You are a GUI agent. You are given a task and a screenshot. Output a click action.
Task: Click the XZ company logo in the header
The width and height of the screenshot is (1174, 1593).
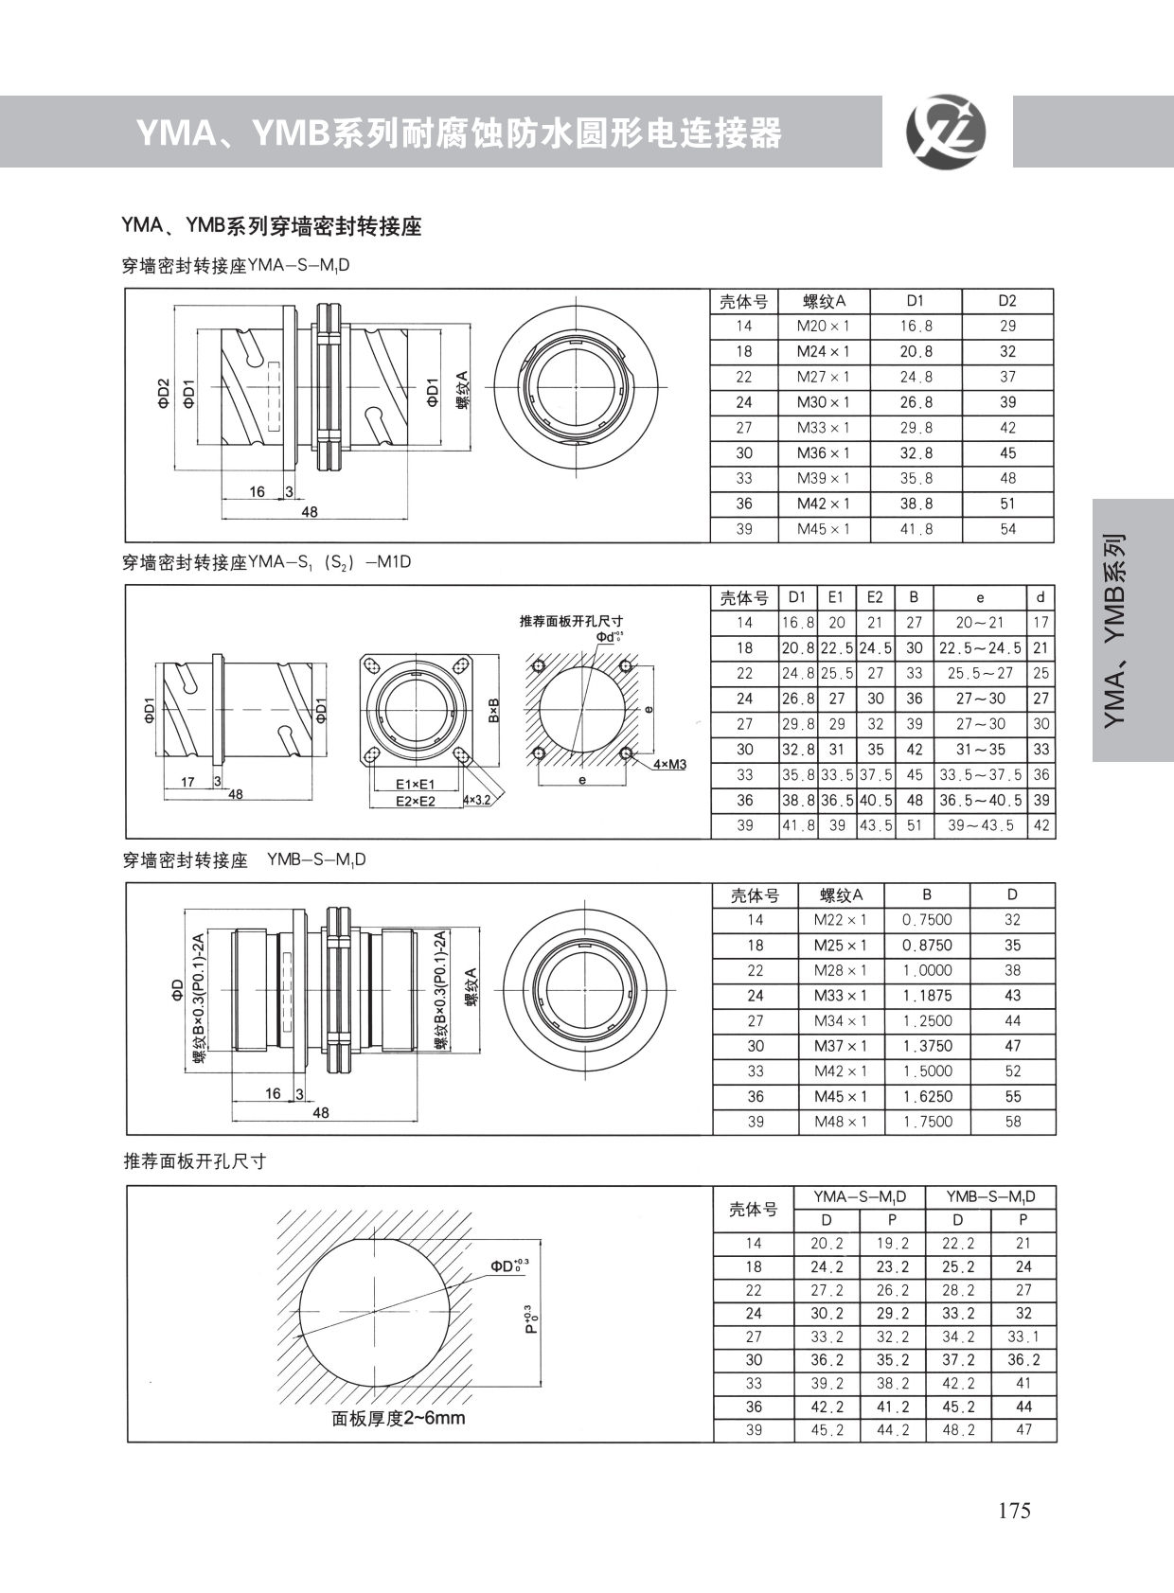pyautogui.click(x=947, y=133)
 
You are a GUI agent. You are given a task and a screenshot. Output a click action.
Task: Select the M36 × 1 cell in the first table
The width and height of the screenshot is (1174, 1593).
pyautogui.click(x=824, y=453)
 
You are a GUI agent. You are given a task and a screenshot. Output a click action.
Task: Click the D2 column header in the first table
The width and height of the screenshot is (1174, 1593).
pyautogui.click(x=1007, y=301)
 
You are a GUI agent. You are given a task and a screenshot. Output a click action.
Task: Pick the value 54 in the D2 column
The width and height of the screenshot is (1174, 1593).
pyautogui.click(x=1007, y=529)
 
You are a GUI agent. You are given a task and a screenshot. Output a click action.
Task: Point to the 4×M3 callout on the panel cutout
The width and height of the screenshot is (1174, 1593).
pyautogui.click(x=669, y=765)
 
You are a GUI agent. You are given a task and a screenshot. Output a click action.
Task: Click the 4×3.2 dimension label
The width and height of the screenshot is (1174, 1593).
pyautogui.click(x=477, y=800)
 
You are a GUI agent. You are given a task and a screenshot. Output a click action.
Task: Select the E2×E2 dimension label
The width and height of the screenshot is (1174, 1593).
pyautogui.click(x=416, y=802)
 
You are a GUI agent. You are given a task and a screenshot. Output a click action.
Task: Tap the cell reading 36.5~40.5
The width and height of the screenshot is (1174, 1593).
pyautogui.click(x=981, y=800)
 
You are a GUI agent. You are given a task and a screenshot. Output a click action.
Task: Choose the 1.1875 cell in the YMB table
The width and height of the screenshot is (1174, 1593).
pyautogui.click(x=927, y=996)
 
